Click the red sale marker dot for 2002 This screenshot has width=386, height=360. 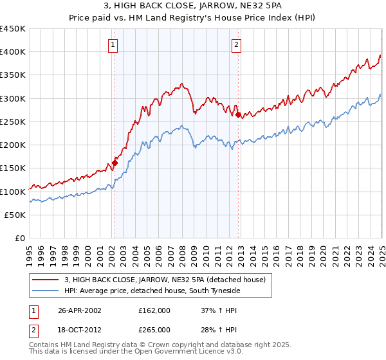click(x=115, y=163)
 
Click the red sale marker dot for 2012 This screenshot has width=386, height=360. click(x=239, y=115)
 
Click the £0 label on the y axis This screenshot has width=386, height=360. click(x=20, y=239)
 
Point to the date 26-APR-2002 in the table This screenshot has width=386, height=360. click(x=80, y=310)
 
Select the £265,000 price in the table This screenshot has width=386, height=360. click(x=154, y=329)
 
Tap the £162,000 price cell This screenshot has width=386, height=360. click(x=154, y=310)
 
